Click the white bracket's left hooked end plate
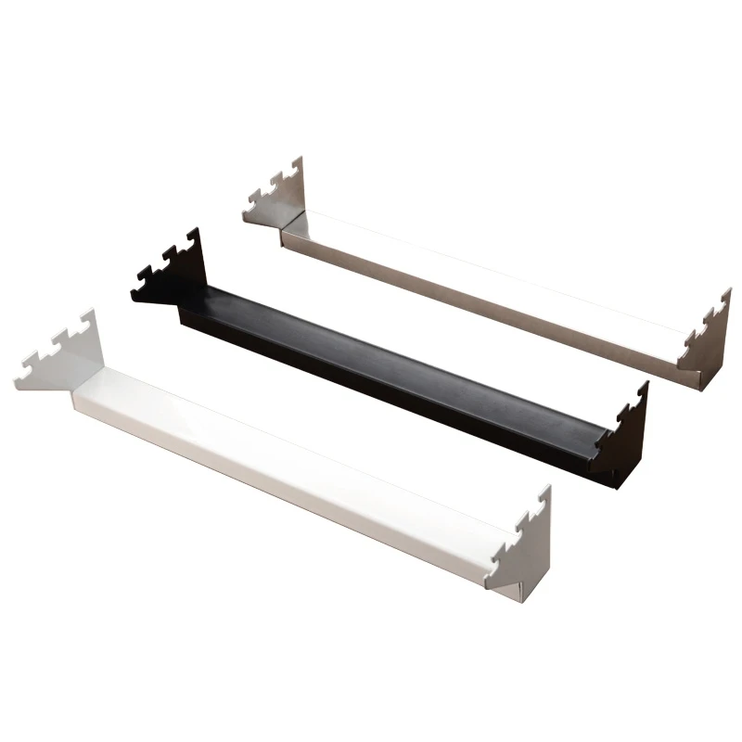click(65, 362)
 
